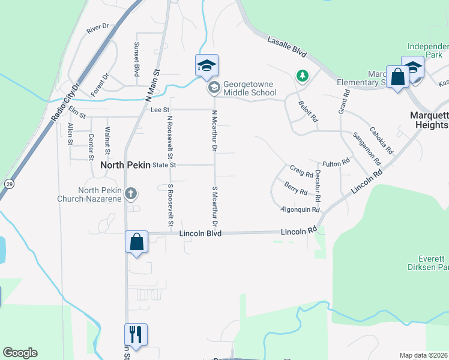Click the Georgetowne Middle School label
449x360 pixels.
coord(249,89)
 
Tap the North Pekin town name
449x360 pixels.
coord(125,165)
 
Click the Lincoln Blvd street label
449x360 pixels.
coord(200,233)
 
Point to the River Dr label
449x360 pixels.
coord(97,28)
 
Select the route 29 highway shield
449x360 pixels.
coord(9,184)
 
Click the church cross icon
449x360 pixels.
coord(131,194)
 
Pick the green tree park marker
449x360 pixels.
coord(303,76)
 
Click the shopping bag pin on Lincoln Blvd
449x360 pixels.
coord(137,242)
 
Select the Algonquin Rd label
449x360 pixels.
coord(300,209)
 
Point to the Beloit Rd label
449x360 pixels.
coord(308,112)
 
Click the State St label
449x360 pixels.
coord(164,164)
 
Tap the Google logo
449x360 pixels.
coord(20,353)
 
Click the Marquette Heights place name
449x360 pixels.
coord(429,120)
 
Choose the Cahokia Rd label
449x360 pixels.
coord(381,140)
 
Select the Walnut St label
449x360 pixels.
coord(107,138)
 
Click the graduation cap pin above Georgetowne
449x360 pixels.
coord(206,65)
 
